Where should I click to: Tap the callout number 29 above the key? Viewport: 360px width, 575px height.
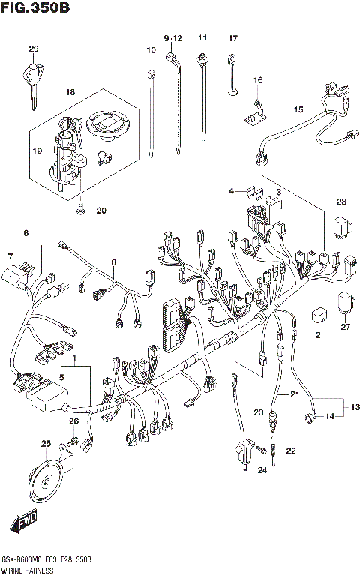(33, 49)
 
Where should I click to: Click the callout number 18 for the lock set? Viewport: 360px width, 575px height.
(71, 92)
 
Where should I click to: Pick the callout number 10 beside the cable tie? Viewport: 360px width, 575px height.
(151, 51)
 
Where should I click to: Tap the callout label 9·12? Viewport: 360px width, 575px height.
(172, 38)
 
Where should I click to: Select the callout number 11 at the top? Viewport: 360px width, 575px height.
(202, 37)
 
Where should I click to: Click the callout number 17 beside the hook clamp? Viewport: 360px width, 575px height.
(232, 38)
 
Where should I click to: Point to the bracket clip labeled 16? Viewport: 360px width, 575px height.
(255, 111)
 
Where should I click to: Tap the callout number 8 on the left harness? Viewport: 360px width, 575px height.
(113, 262)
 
